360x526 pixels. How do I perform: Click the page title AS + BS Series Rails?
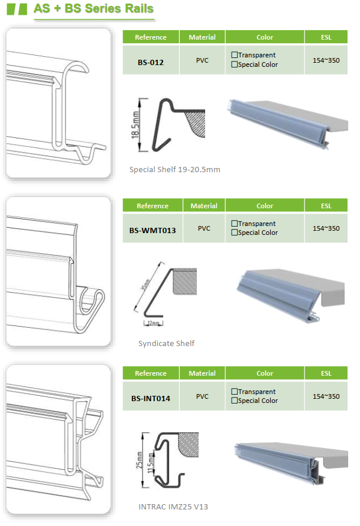coord(93,8)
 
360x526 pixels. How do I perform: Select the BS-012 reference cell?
coord(151,60)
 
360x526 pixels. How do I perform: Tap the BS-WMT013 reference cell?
coord(153,228)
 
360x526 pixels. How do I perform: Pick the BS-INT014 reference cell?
coord(151,396)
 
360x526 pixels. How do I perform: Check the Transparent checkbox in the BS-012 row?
coord(234,54)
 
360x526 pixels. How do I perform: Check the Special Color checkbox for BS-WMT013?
coord(234,232)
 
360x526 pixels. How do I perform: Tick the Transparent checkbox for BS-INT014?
coord(234,391)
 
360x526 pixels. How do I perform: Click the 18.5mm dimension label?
coord(135,125)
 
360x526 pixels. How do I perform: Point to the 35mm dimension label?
coord(145,285)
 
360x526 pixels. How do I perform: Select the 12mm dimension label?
coord(154,323)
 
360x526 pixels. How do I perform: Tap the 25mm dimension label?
coord(139,460)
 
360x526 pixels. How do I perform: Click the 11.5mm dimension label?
coord(151,463)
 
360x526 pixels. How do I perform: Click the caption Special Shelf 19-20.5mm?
coord(174,169)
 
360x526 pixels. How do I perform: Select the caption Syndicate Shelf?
coord(166,343)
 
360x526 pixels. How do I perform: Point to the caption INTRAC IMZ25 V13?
coord(173,506)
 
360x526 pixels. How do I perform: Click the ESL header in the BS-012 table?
coord(326,37)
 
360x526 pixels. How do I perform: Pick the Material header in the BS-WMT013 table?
coord(204,205)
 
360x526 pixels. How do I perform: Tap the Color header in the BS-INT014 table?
coord(264,373)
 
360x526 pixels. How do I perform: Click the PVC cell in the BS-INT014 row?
coord(202,396)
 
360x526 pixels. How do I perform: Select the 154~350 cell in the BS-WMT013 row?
coord(326,228)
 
